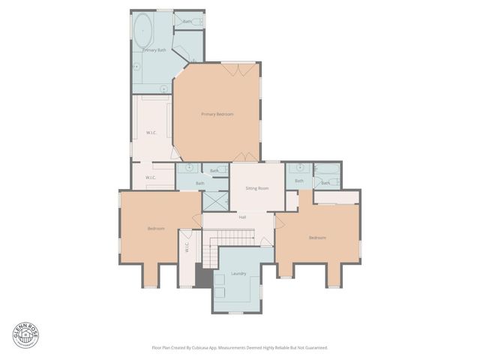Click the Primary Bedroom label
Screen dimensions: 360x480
coord(217,114)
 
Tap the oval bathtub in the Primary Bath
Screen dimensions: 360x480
coord(142,31)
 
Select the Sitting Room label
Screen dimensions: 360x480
coord(257,187)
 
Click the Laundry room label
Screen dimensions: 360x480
coord(238,274)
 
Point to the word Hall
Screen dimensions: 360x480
coord(242,217)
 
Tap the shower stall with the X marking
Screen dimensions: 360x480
coord(215,201)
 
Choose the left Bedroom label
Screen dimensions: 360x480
coord(156,228)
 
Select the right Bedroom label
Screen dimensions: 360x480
coord(317,238)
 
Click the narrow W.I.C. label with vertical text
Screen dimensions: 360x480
coord(187,247)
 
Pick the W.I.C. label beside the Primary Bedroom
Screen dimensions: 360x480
coord(151,133)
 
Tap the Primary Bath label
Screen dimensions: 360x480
coord(154,50)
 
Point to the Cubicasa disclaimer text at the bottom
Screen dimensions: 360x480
coord(239,347)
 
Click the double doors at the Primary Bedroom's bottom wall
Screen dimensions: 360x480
coord(244,157)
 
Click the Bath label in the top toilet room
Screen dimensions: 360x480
coord(187,22)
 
